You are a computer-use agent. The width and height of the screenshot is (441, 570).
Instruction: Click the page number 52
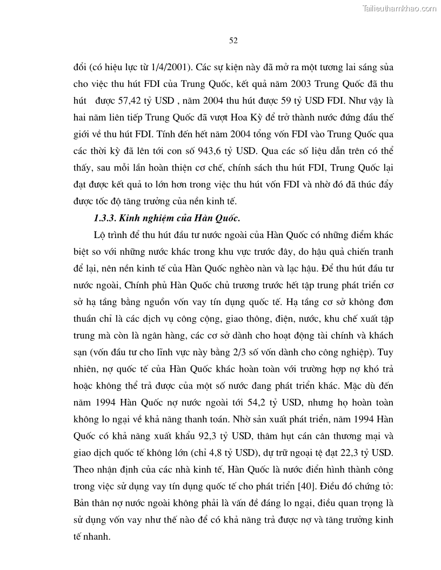click(x=233, y=40)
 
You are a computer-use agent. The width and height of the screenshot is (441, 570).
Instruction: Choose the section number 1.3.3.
click(x=104, y=218)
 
